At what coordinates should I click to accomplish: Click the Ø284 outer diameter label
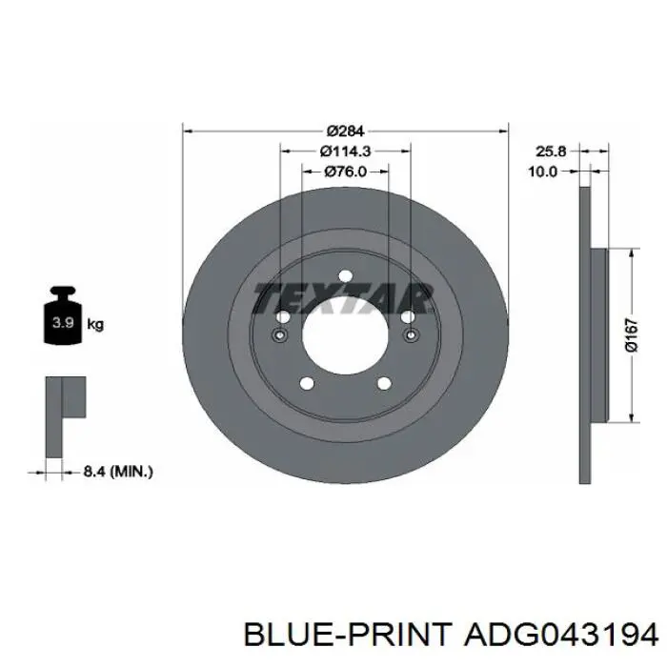click(345, 131)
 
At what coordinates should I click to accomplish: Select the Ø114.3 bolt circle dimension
click(345, 151)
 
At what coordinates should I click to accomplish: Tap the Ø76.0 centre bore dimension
click(345, 172)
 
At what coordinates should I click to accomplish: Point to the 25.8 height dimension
click(551, 151)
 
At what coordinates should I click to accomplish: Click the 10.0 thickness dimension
click(542, 172)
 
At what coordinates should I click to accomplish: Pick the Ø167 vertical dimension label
click(632, 335)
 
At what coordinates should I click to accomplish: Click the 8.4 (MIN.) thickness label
click(118, 472)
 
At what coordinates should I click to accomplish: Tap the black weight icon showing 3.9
click(63, 315)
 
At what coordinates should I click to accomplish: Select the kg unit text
click(95, 325)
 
